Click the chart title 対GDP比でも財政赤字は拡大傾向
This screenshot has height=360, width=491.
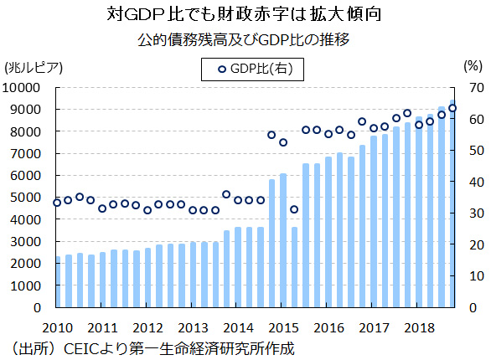tap(245, 14)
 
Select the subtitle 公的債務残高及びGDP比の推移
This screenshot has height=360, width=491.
tap(245, 39)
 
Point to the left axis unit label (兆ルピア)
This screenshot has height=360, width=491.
tap(33, 66)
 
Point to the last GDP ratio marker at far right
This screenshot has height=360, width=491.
tap(452, 108)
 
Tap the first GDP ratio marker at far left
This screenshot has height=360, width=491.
tap(57, 203)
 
